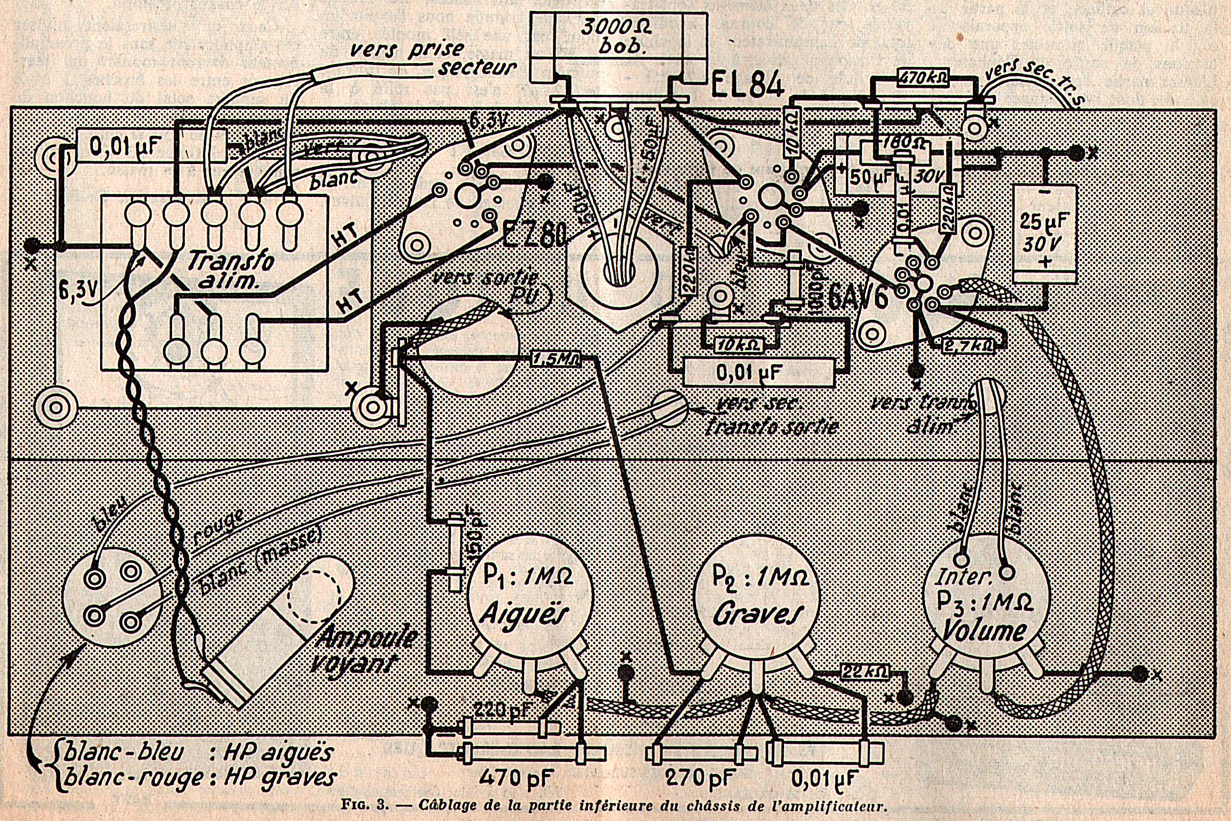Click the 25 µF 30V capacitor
pos(1044,233)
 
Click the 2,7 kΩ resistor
pos(968,345)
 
